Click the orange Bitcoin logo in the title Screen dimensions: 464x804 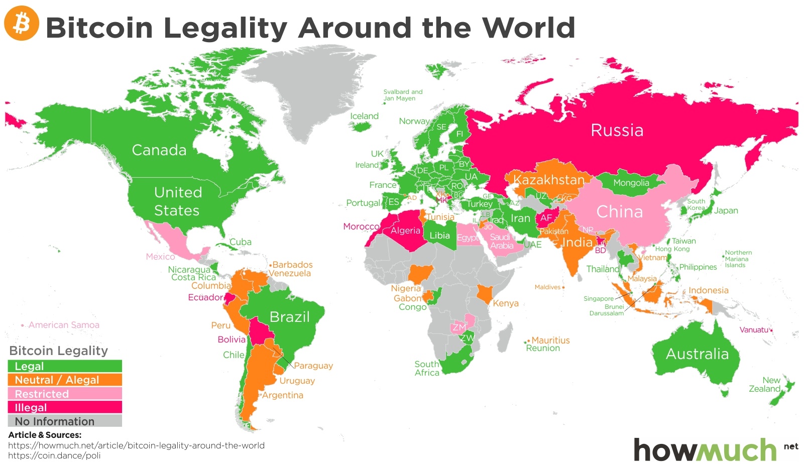[x=22, y=23]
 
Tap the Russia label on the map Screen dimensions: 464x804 [x=617, y=131]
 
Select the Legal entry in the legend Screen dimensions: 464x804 [x=65, y=366]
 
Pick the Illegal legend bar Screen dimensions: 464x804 [x=65, y=407]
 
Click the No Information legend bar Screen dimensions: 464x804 [x=65, y=421]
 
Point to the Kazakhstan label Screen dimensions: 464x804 [x=549, y=180]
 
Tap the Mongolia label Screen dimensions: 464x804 [x=631, y=183]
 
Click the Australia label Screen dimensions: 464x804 [x=697, y=354]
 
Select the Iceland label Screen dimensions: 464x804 [x=364, y=116]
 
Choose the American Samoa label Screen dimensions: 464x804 [x=64, y=325]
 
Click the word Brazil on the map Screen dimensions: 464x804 [x=289, y=317]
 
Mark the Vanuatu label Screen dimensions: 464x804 [x=754, y=330]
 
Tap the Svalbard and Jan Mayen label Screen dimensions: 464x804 [x=402, y=95]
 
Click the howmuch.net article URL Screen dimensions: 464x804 [x=136, y=445]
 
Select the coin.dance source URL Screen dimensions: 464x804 [x=54, y=455]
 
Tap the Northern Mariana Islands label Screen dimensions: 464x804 [x=738, y=259]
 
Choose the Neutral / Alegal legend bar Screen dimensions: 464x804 [x=65, y=380]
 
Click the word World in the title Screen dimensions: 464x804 [x=528, y=28]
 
